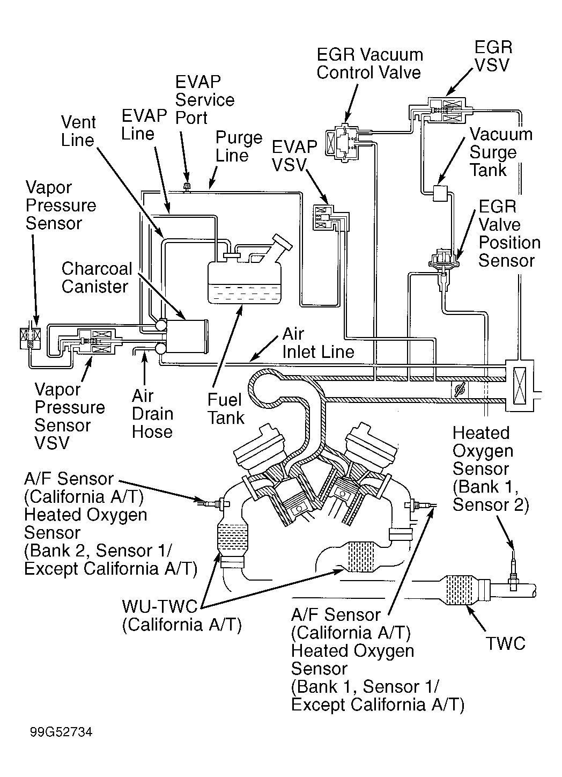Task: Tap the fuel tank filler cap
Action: (x=283, y=241)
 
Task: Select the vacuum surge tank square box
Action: (x=440, y=193)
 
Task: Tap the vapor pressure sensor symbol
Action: (x=30, y=338)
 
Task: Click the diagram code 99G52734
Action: (x=61, y=732)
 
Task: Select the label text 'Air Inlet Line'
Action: (x=319, y=343)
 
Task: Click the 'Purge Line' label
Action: (x=239, y=146)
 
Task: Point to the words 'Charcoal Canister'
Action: (x=97, y=277)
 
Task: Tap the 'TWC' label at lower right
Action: (x=506, y=643)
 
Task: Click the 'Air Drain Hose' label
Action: (x=152, y=414)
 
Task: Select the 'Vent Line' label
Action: (x=78, y=131)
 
